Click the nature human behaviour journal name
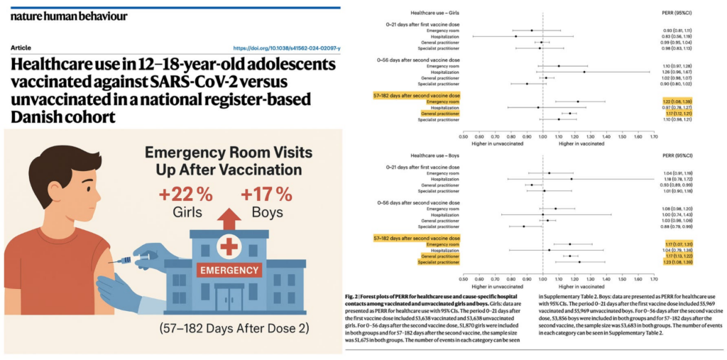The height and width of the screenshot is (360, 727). (x=70, y=16)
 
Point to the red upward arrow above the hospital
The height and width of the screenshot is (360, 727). (x=226, y=218)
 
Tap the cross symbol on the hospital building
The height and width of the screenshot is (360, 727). (x=228, y=246)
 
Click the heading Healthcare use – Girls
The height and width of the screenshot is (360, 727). (x=444, y=13)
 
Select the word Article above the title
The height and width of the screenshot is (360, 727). (x=21, y=48)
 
